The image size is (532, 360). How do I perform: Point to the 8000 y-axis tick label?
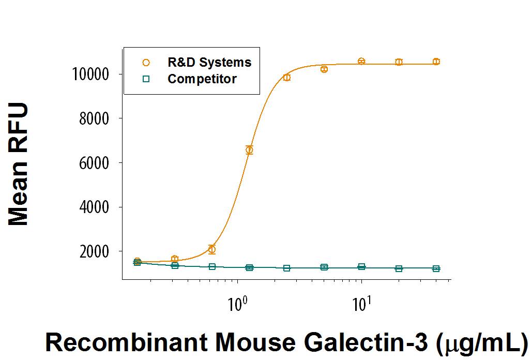tap(91, 119)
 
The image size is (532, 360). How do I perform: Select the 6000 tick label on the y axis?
tap(91, 163)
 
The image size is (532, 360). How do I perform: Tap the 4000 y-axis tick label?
tap(91, 207)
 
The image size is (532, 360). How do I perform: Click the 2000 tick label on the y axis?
tap(91, 252)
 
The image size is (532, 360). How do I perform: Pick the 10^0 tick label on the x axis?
tap(237, 301)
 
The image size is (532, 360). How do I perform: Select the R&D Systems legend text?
tap(209, 63)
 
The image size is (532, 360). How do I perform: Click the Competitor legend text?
tap(202, 79)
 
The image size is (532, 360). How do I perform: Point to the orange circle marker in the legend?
tap(146, 63)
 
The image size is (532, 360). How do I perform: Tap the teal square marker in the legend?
tap(146, 79)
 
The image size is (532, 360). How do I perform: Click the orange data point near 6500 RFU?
tap(249, 150)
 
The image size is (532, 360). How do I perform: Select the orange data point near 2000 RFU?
tap(212, 249)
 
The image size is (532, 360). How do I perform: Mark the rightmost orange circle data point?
tap(436, 62)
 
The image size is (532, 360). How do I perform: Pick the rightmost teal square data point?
tap(436, 268)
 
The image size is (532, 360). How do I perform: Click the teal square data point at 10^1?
tap(361, 267)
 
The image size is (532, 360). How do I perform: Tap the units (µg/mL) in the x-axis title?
tap(481, 342)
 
